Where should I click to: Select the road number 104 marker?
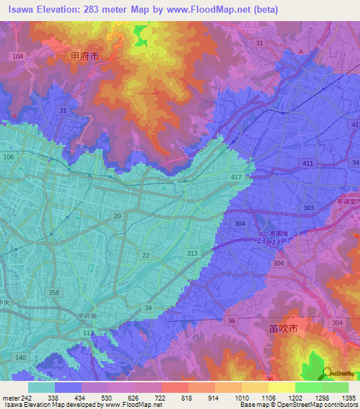(18, 56)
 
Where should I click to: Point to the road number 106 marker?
(9, 157)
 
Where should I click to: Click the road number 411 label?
(307, 163)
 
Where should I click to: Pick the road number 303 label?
(309, 209)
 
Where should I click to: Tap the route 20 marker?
(117, 216)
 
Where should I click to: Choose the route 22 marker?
(146, 255)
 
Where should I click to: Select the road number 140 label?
(21, 358)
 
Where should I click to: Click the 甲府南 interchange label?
(87, 316)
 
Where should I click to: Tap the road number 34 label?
(148, 307)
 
